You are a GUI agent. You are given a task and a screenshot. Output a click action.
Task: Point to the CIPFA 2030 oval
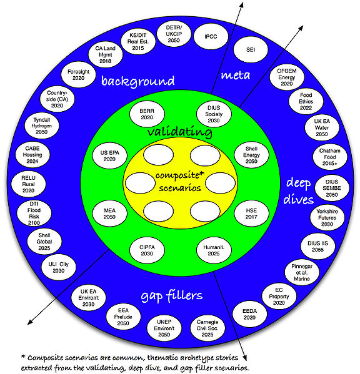[146, 250]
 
